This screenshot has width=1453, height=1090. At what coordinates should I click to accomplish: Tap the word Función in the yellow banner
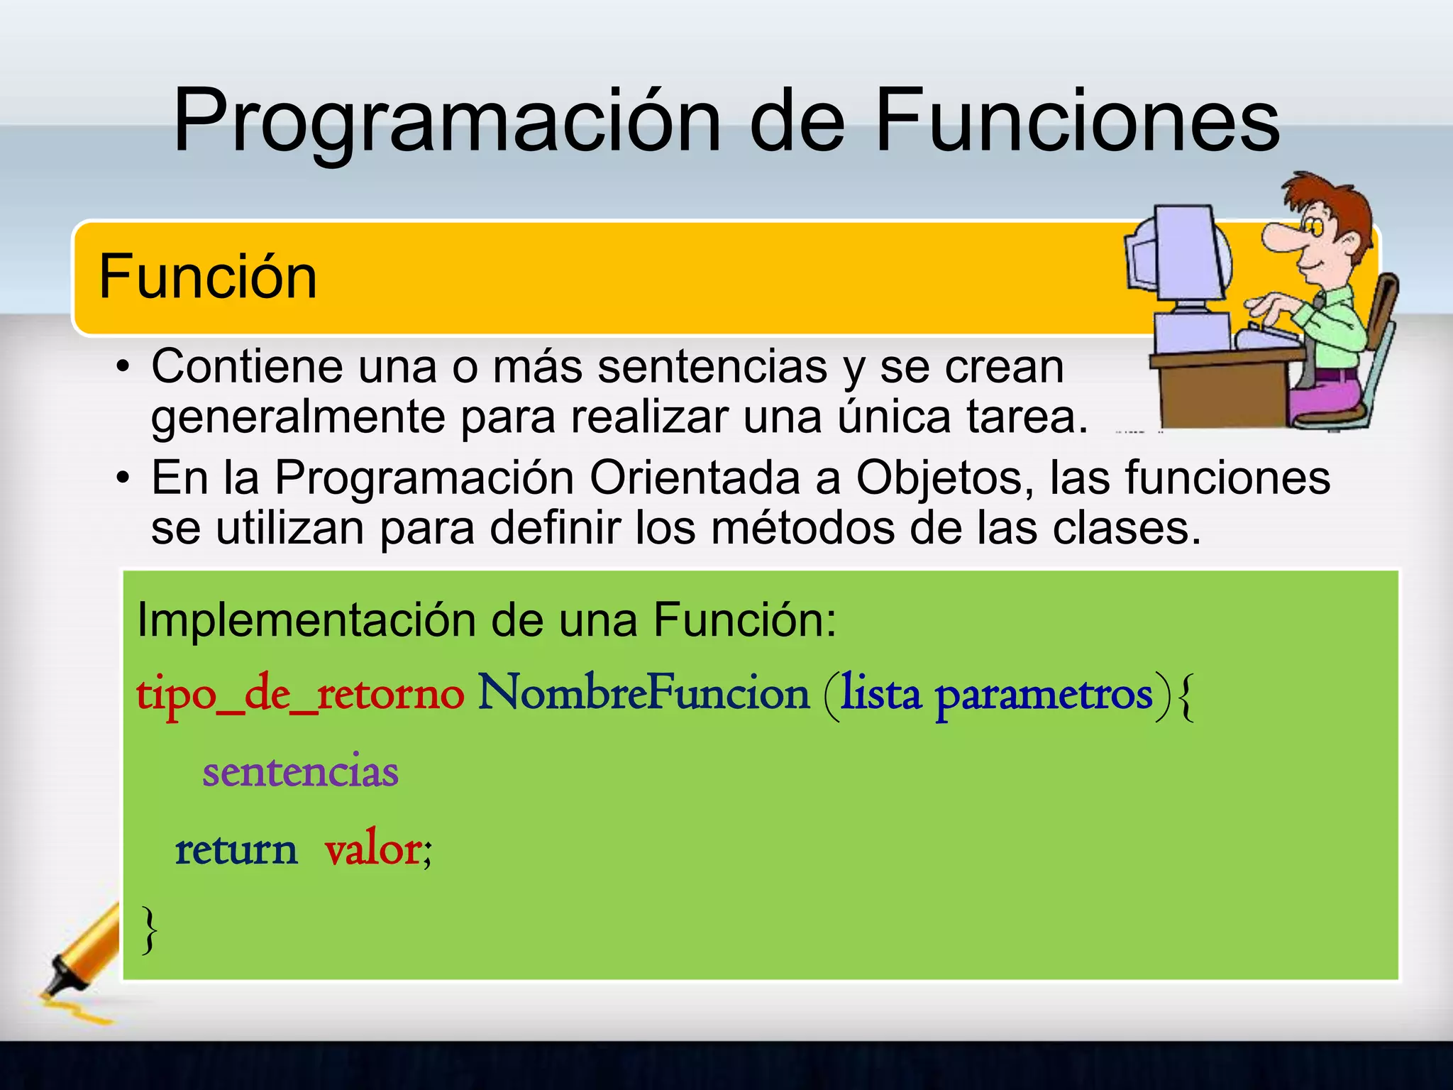pyautogui.click(x=208, y=277)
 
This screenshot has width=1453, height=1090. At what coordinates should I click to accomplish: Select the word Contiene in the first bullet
pyautogui.click(x=247, y=367)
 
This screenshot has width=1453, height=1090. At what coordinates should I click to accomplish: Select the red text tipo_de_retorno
pyautogui.click(x=300, y=695)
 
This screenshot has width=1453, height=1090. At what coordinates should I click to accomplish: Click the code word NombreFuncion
pyautogui.click(x=643, y=693)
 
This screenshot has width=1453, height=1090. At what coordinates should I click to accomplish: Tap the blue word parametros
pyautogui.click(x=1044, y=695)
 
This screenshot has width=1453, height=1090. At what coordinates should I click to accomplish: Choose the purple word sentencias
pyautogui.click(x=300, y=771)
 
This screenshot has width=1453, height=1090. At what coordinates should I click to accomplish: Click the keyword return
pyautogui.click(x=236, y=849)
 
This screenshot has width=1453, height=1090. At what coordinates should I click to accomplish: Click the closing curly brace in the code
pyautogui.click(x=149, y=930)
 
